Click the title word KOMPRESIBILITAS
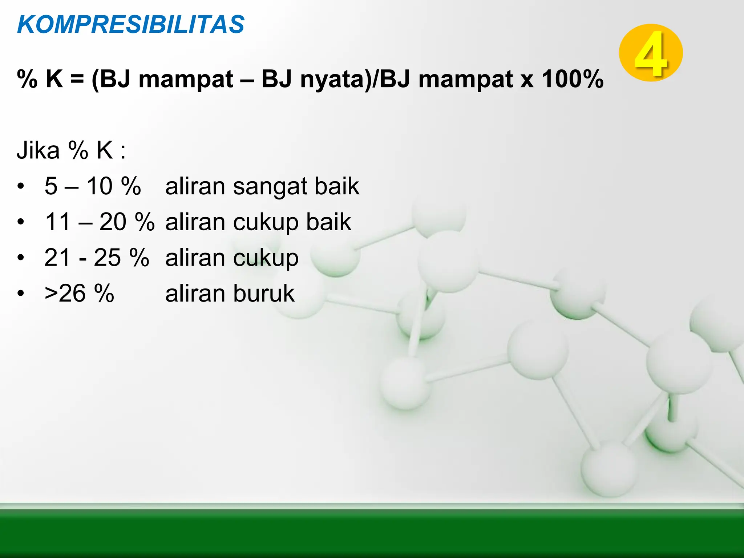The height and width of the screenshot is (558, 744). coord(131,25)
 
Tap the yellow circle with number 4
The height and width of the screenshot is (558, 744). coord(651,53)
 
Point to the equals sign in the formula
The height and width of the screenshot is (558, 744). coord(77,79)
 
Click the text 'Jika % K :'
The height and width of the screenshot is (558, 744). coord(71,150)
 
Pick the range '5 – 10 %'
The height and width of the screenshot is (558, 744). coord(93,186)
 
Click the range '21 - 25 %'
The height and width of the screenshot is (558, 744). coord(97,257)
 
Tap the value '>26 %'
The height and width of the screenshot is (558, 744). coord(79,293)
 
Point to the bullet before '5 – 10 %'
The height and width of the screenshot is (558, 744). coord(21,186)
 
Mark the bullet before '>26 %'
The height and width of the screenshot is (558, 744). coord(21,293)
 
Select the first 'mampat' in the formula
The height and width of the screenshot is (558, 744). coord(185,80)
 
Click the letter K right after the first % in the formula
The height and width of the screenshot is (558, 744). coord(54,79)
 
